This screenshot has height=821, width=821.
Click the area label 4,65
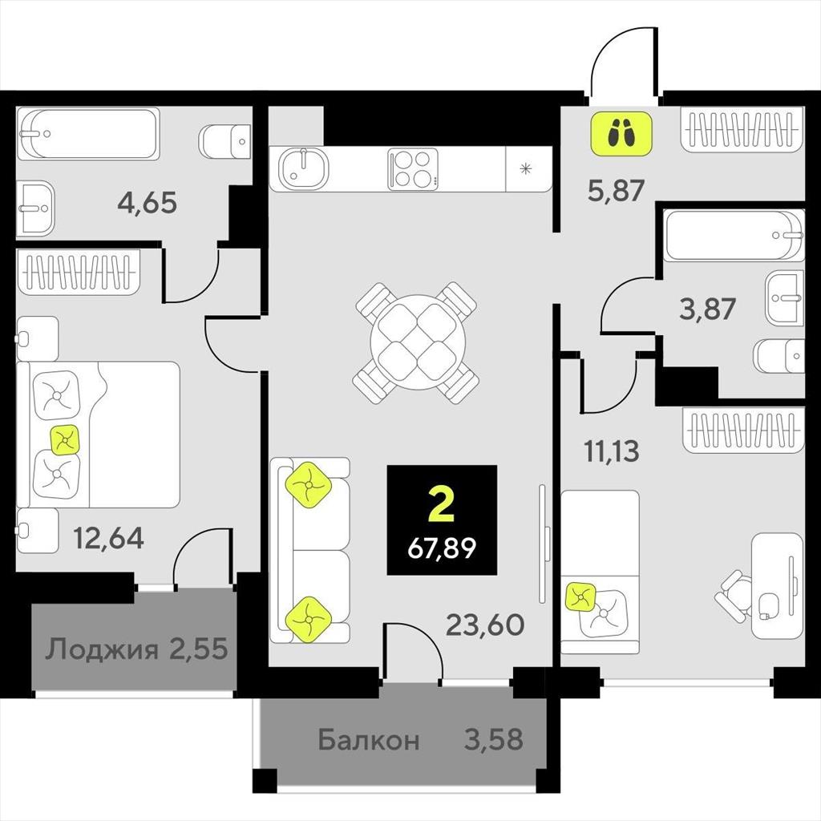tap(148, 203)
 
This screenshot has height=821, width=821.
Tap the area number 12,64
tap(108, 537)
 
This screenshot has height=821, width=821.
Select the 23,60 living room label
tap(485, 624)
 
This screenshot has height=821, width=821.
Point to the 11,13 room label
tap(612, 451)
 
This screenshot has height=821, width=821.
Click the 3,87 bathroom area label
tap(707, 309)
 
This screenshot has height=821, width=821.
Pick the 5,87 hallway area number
tap(616, 190)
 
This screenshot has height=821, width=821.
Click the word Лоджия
tap(101, 649)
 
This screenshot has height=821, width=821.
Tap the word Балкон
tap(369, 740)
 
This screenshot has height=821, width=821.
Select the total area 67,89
tap(442, 548)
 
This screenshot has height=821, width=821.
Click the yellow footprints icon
tap(621, 134)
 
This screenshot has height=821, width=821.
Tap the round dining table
tap(417, 342)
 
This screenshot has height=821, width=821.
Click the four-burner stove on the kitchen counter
tap(413, 168)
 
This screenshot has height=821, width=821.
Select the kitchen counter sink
tap(303, 168)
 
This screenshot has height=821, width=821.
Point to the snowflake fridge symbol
tap(526, 168)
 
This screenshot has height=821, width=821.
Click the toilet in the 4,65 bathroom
tap(225, 141)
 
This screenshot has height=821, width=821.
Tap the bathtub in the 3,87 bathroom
tap(734, 235)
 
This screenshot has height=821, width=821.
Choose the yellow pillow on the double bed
tap(65, 440)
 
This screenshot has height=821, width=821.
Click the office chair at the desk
tap(734, 596)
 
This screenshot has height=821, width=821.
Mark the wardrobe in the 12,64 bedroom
tap(79, 271)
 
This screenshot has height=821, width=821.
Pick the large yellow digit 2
tap(441, 504)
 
